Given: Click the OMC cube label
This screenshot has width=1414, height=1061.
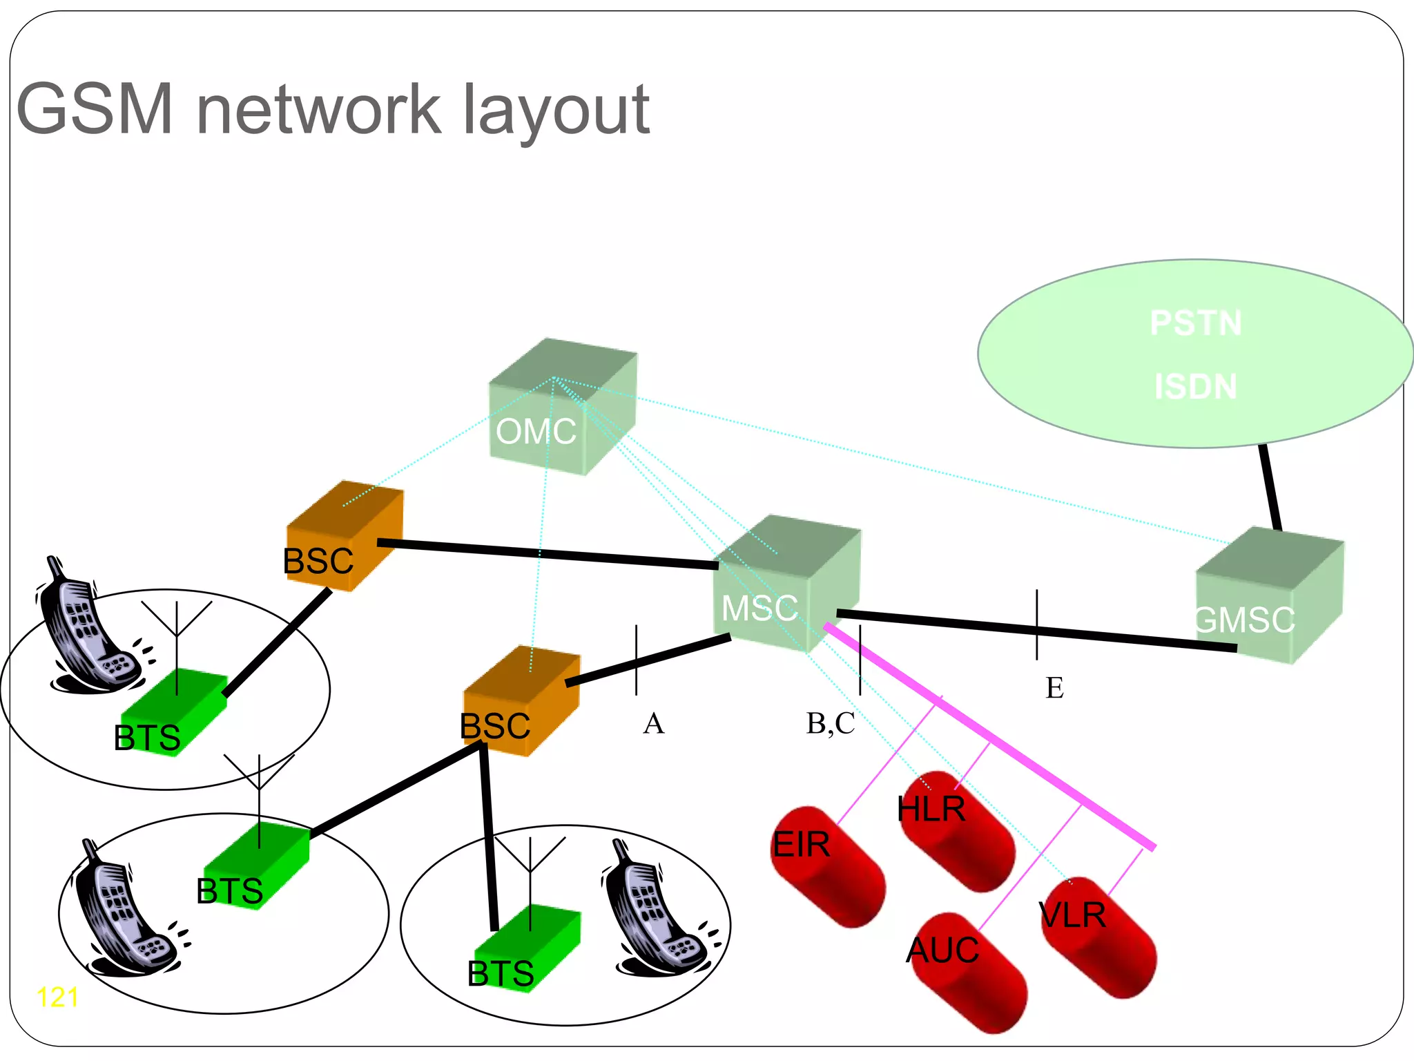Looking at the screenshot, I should (536, 432).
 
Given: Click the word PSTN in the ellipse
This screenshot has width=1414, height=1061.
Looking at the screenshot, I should (1195, 323).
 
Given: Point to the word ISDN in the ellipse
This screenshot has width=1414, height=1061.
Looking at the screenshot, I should (1195, 386).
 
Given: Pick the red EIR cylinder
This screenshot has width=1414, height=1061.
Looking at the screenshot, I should (827, 866).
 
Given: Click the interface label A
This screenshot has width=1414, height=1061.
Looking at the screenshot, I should (653, 724).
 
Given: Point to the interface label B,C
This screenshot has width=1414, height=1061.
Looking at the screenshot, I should (831, 724).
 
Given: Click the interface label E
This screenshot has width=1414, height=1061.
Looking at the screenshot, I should (1054, 688).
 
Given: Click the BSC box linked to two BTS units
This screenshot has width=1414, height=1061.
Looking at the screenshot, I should (521, 702).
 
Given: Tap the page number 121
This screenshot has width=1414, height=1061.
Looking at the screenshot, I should (57, 997).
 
